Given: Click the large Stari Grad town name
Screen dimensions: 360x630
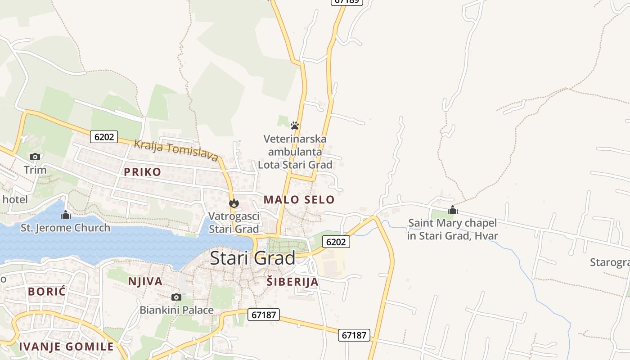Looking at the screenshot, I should click(252, 258).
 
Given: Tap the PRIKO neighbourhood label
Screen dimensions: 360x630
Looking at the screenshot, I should click(142, 172).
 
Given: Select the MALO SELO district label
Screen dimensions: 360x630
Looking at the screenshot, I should click(299, 200).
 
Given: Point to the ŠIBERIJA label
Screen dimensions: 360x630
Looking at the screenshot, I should click(292, 282).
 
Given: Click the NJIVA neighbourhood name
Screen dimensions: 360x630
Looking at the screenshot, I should click(145, 282).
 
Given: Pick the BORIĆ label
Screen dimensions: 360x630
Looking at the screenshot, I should click(47, 292).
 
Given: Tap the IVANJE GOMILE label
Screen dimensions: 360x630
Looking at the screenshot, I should click(66, 346).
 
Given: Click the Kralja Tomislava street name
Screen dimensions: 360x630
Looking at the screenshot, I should click(176, 150).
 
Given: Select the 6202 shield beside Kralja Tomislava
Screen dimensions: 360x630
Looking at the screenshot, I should click(104, 137).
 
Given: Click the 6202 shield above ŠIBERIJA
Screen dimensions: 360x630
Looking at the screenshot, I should click(336, 242).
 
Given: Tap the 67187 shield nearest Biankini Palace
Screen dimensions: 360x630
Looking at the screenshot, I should click(264, 315).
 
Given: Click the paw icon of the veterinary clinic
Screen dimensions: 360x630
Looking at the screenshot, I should click(295, 126).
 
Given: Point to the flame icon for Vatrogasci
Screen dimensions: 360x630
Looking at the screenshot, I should click(234, 203).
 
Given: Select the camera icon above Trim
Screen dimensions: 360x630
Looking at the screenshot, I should click(35, 157).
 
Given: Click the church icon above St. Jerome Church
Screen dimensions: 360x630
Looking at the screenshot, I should click(66, 215).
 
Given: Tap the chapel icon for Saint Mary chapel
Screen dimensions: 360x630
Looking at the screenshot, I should click(453, 210).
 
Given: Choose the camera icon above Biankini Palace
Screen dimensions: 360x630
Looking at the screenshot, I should click(176, 297).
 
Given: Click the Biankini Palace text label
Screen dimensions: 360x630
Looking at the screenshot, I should click(176, 310).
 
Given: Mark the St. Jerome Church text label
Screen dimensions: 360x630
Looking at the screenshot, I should click(65, 228).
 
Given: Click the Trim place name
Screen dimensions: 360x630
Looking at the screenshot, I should click(35, 170).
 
